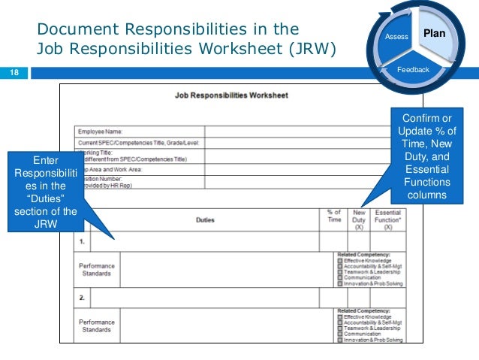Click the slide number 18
[x=14, y=73]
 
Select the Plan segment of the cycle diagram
[x=434, y=34]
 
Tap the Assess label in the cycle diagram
[x=396, y=37]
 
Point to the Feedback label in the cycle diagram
[x=413, y=70]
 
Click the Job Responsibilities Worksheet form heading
[x=230, y=96]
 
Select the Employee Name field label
[x=101, y=132]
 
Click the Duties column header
[x=205, y=220]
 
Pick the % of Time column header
[x=333, y=217]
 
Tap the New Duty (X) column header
[x=360, y=219]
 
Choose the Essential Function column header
[x=389, y=219]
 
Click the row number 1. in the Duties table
[x=82, y=242]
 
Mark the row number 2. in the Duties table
[x=82, y=298]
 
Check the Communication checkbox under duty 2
[x=339, y=334]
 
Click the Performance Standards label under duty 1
[x=96, y=269]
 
